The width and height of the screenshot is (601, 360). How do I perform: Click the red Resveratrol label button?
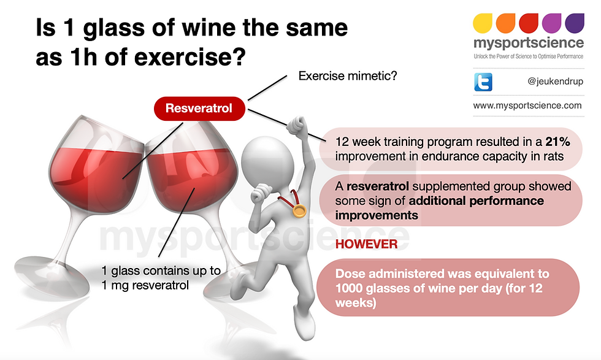pyautogui.click(x=199, y=109)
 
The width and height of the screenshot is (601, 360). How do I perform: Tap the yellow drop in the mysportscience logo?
pyautogui.click(x=482, y=23)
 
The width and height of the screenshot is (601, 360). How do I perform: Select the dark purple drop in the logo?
pyautogui.click(x=575, y=23)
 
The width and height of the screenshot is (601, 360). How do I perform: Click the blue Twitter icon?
pyautogui.click(x=483, y=82)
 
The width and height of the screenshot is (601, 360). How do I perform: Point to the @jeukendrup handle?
pyautogui.click(x=556, y=82)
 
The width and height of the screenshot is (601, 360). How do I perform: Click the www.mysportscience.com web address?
pyautogui.click(x=527, y=105)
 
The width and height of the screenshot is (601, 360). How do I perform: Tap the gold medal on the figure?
pyautogui.click(x=299, y=210)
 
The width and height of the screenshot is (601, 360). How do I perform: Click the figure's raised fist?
pyautogui.click(x=297, y=124)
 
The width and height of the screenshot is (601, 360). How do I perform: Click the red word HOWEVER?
pyautogui.click(x=366, y=244)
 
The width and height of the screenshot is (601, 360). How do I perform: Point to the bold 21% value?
pyautogui.click(x=557, y=142)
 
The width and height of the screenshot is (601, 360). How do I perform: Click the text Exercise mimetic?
pyautogui.click(x=348, y=76)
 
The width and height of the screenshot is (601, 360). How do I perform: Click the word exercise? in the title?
pyautogui.click(x=189, y=57)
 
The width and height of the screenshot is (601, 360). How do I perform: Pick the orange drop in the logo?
pyautogui.click(x=505, y=23)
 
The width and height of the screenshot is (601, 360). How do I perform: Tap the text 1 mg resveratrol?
pyautogui.click(x=145, y=286)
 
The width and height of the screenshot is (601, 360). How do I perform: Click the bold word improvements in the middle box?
pyautogui.click(x=377, y=215)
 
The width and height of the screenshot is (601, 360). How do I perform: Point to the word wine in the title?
pyautogui.click(x=211, y=28)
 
